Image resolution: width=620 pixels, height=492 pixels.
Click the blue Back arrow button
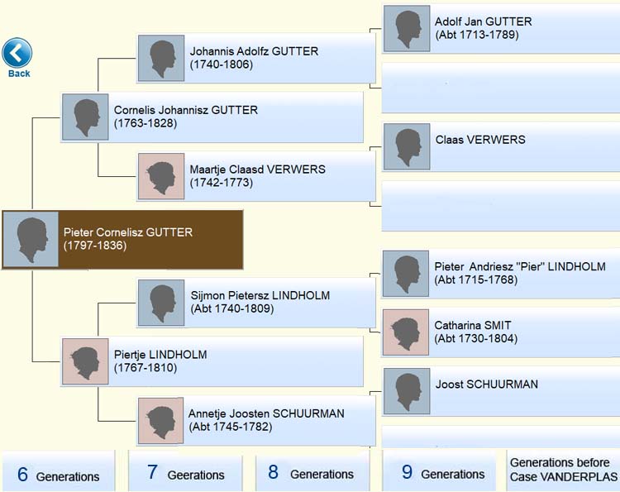[17, 53]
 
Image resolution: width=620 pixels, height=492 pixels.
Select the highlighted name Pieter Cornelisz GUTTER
[128, 232]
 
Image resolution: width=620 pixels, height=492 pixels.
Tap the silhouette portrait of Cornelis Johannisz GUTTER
[85, 117]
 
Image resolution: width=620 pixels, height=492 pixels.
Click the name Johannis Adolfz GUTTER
[254, 51]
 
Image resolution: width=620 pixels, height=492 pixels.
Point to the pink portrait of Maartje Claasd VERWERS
[161, 176]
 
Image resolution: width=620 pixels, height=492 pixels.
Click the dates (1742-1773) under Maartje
[222, 183]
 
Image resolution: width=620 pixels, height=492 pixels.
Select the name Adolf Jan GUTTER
[484, 21]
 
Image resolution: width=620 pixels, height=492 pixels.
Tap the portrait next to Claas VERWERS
[407, 146]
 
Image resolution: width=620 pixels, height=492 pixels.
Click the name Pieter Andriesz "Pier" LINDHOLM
[520, 266]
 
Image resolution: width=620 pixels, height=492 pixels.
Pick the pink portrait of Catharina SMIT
[406, 332]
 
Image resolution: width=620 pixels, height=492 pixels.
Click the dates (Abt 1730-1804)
[476, 338]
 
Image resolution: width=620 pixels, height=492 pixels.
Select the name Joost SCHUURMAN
[487, 384]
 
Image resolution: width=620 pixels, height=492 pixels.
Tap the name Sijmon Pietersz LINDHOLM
[260, 295]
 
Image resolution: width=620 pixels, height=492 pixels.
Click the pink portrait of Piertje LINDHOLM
[85, 361]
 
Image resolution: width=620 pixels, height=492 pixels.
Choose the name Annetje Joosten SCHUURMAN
[266, 413]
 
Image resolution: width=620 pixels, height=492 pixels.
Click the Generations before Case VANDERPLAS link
[564, 470]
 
